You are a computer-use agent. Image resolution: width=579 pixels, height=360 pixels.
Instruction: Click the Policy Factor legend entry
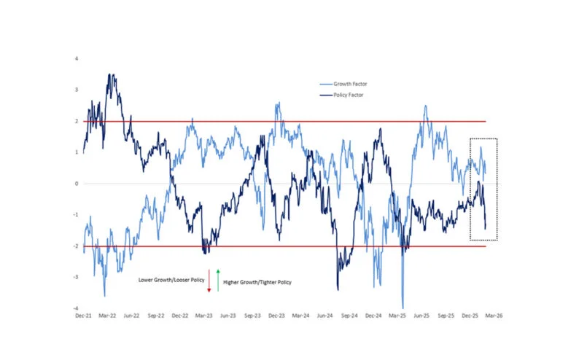tap(347, 95)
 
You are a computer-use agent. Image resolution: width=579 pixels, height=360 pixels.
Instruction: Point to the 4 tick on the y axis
tap(77, 58)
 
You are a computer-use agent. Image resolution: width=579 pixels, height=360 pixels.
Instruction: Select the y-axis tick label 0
tap(77, 184)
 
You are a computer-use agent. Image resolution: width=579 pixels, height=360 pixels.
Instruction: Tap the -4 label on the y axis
tap(76, 309)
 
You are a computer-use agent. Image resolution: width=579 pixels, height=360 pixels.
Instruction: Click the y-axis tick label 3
tap(77, 90)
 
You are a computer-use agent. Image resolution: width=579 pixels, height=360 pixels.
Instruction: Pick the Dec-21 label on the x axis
tap(83, 317)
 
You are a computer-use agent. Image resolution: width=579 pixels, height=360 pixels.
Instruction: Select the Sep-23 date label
tap(252, 317)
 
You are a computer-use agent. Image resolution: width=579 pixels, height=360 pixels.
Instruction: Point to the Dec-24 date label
tap(374, 317)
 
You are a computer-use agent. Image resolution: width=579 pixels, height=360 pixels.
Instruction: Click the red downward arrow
tap(209, 281)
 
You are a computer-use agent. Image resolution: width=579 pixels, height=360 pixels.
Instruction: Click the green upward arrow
tap(218, 281)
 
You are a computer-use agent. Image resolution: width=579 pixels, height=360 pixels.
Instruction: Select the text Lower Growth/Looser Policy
tap(172, 280)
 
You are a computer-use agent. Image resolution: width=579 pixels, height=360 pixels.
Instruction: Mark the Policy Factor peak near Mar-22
tap(110, 74)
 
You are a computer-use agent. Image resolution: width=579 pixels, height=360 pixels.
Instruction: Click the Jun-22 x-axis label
tap(132, 317)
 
